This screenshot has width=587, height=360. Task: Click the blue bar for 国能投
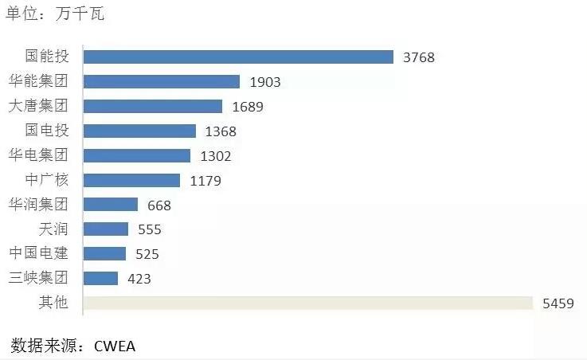238,57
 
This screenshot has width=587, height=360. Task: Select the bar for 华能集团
162,81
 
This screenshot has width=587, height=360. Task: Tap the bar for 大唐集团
153,106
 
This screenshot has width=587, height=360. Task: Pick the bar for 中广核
131,180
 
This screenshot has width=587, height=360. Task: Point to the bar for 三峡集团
100,278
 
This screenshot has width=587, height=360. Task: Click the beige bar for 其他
307,303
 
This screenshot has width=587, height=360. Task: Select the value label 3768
419,57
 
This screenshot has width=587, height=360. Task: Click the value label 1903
265,82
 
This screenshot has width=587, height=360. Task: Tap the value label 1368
221,131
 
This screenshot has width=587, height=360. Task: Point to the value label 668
159,205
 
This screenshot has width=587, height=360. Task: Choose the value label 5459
558,303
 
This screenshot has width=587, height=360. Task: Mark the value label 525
147,254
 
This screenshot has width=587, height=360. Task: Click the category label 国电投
47,131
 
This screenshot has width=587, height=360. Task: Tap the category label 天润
53,229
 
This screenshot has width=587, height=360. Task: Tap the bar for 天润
106,229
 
